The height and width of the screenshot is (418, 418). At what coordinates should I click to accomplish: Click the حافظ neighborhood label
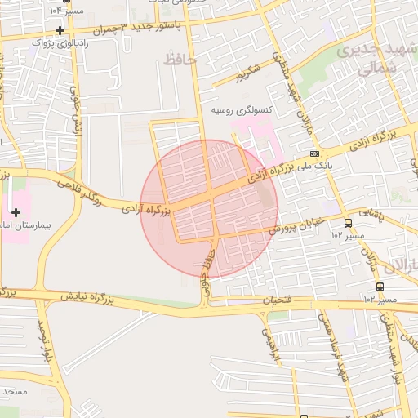pyautogui.click(x=180, y=60)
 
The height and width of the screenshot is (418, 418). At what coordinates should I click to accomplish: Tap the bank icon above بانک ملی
pyautogui.click(x=315, y=153)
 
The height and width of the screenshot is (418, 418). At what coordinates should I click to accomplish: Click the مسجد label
pyautogui.click(x=15, y=392)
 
